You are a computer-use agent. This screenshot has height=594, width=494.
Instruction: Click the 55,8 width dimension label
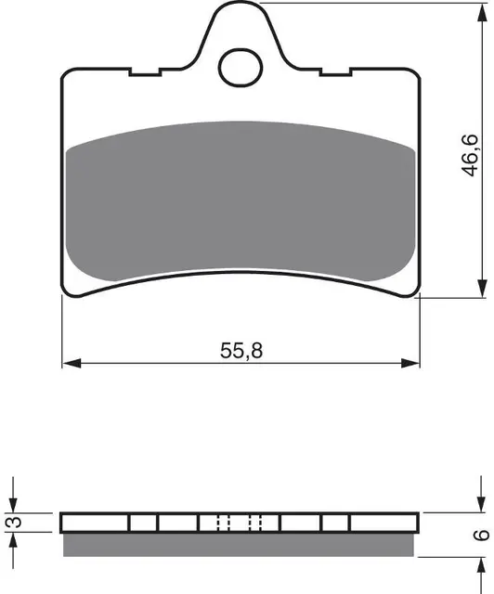click(241, 351)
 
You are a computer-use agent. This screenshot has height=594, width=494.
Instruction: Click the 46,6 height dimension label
click(471, 155)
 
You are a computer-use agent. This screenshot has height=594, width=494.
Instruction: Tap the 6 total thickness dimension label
click(482, 535)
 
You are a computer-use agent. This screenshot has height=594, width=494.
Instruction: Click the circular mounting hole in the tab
click(240, 68)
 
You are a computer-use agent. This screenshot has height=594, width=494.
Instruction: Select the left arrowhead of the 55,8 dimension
click(71, 363)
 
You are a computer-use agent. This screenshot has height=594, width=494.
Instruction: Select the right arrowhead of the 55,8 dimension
click(410, 363)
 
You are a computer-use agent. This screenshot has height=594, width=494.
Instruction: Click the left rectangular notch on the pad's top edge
click(144, 72)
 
